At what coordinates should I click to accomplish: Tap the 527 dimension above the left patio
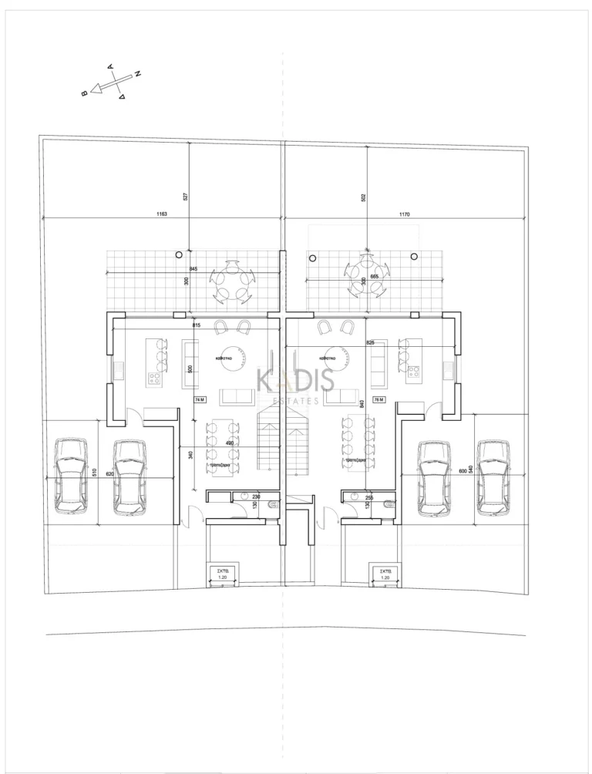(x=186, y=197)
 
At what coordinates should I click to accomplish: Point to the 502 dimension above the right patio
(x=362, y=197)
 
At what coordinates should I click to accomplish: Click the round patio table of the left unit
(x=231, y=282)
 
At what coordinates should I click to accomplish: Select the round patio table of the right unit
(x=362, y=274)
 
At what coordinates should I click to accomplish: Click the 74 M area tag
(x=200, y=400)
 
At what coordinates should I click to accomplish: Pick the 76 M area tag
(x=378, y=400)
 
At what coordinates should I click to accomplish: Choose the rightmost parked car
(x=494, y=477)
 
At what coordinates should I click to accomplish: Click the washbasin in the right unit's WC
(x=358, y=497)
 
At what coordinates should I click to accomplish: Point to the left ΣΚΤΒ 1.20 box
(x=224, y=574)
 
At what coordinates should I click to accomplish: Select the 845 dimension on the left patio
(x=193, y=269)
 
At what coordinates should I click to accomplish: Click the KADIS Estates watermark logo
(x=295, y=385)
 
